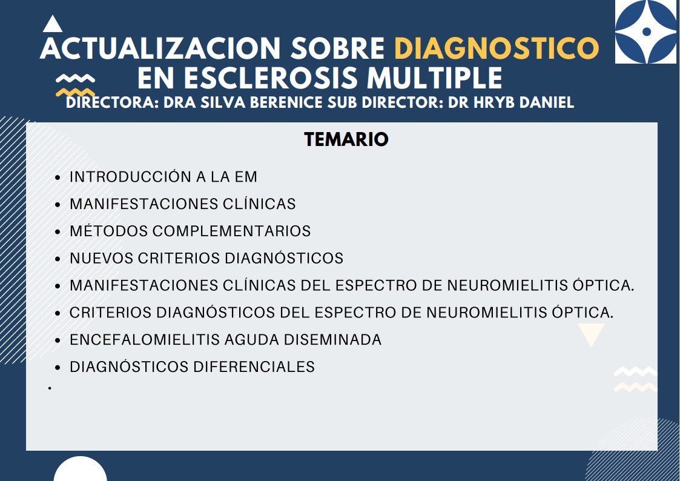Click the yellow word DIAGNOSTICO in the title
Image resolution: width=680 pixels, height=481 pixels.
(x=497, y=48)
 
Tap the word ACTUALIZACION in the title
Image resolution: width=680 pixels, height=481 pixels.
(x=160, y=48)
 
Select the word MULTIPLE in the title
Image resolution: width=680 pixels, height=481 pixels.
(x=435, y=78)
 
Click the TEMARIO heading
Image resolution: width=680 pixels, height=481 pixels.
(x=346, y=140)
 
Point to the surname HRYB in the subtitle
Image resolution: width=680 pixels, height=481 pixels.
(x=494, y=102)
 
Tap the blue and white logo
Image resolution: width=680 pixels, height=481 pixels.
(x=645, y=32)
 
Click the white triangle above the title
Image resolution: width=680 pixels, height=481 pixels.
(x=53, y=24)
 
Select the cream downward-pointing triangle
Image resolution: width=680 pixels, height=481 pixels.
(x=591, y=334)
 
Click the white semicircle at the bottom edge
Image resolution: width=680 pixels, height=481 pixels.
(x=80, y=470)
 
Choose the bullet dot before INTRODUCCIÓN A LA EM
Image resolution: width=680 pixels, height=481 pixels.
(x=58, y=178)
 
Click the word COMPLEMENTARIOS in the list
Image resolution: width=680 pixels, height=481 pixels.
(x=231, y=231)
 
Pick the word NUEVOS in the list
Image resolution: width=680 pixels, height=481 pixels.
(x=102, y=259)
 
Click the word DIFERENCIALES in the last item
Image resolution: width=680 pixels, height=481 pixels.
(x=254, y=367)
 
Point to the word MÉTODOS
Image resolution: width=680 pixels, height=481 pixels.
(x=109, y=231)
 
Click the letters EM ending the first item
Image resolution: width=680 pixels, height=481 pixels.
(x=246, y=177)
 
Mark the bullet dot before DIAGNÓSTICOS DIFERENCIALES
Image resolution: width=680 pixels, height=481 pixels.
(x=58, y=368)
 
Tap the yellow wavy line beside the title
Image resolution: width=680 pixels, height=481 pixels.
(x=76, y=92)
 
